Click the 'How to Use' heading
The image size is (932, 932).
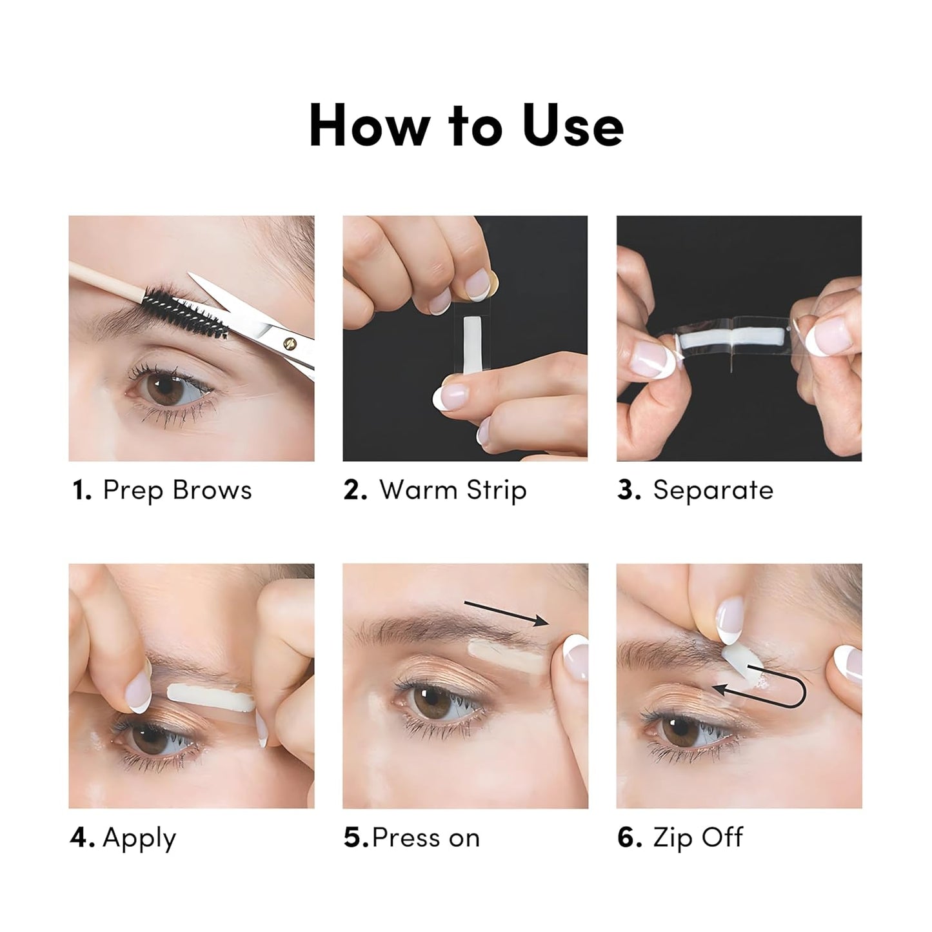click(x=466, y=126)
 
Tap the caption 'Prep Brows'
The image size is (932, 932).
click(x=177, y=490)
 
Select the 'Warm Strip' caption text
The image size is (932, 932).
click(x=453, y=490)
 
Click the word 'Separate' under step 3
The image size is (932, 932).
click(x=713, y=490)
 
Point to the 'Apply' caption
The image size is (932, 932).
click(x=139, y=838)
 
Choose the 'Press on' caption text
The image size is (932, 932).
click(x=426, y=838)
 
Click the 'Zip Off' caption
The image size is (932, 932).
click(x=698, y=838)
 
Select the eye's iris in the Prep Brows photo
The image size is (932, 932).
click(x=166, y=387)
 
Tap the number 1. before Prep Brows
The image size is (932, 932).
click(x=81, y=490)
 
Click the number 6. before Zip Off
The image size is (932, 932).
click(x=629, y=838)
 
